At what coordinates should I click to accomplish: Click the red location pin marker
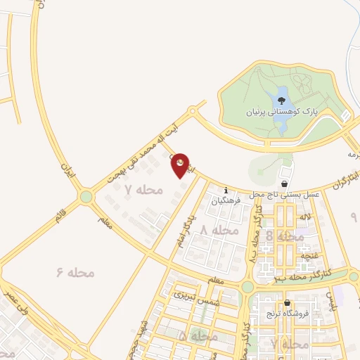181,165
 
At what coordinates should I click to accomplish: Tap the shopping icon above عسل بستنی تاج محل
285,173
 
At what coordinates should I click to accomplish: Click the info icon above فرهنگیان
226,190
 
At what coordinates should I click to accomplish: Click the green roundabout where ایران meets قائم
86,197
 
